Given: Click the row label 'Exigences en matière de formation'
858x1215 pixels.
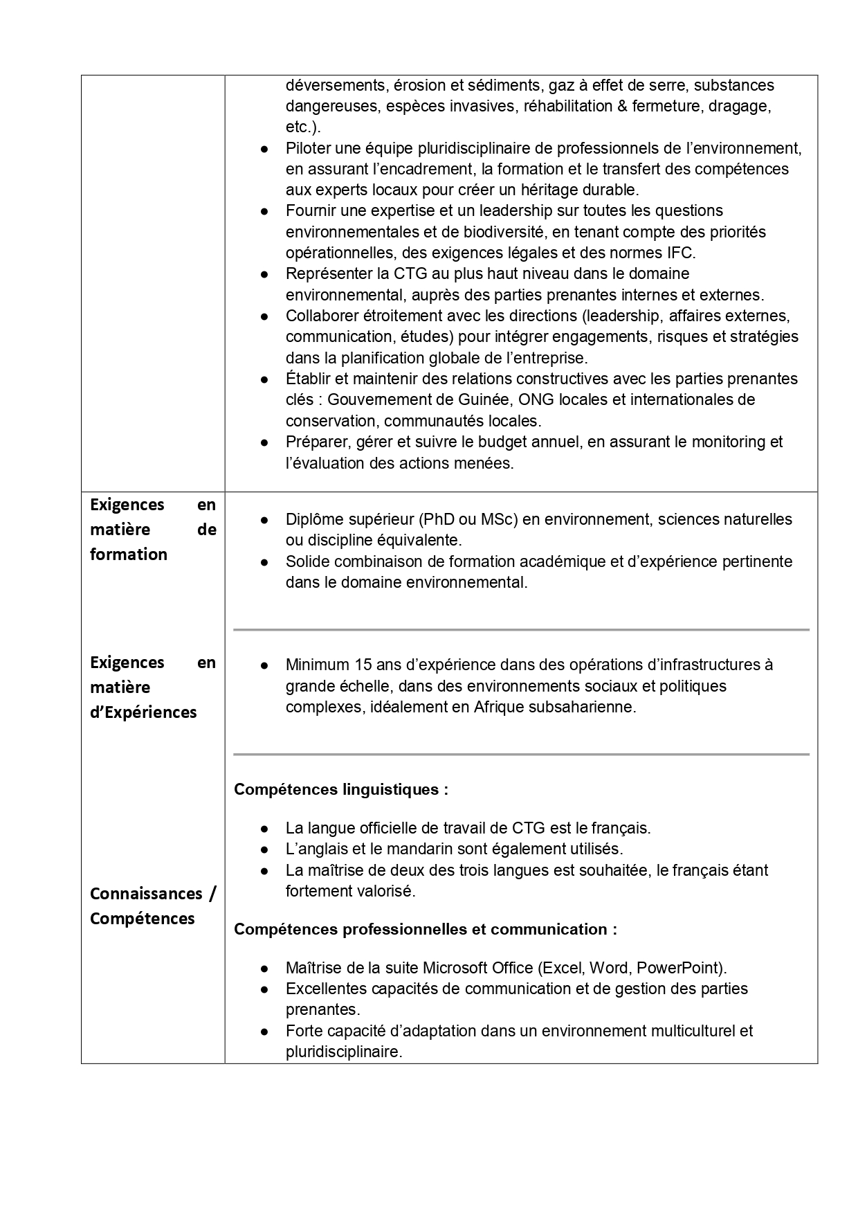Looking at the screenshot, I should click(x=153, y=530).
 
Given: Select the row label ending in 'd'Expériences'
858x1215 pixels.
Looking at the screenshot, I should click(x=153, y=687).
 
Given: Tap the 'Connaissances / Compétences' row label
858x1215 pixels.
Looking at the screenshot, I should click(x=153, y=906).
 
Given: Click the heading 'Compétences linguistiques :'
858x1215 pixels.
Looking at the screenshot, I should click(x=341, y=790).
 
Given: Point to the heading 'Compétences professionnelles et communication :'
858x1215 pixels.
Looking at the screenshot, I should click(x=426, y=930).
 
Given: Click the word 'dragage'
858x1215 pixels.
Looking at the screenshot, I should click(x=742, y=107).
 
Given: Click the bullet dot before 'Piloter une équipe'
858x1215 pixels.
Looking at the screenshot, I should click(x=264, y=149).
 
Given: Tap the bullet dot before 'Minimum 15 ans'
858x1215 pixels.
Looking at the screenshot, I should click(x=264, y=665).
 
